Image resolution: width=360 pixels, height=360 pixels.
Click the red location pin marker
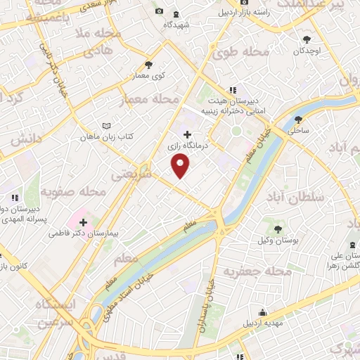coord(181,165)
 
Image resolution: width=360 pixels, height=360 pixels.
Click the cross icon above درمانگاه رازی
coord(186,134)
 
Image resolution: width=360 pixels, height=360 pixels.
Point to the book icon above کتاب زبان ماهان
coord(106,126)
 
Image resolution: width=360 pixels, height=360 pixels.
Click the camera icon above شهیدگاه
coord(160,12)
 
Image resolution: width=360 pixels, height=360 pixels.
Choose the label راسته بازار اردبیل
coord(243,13)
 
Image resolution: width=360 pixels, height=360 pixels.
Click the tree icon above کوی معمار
coord(148,65)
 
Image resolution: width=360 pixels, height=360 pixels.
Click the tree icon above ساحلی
coord(298,119)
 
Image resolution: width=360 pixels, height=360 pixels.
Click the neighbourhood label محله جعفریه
coord(257,271)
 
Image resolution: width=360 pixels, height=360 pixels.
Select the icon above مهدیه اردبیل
coord(262,313)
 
